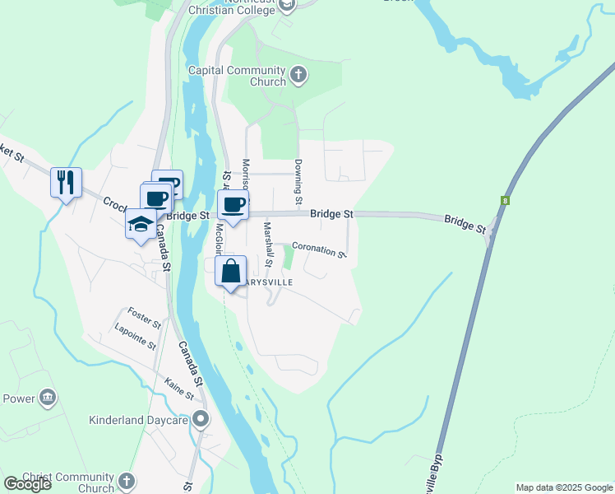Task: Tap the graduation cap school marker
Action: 141,223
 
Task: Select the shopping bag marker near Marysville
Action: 231,270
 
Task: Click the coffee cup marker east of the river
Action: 233,204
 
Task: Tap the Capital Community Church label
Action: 237,76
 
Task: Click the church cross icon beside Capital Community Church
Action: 298,76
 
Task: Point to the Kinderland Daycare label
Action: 139,420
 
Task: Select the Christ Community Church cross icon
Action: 126,481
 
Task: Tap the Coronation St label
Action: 319,249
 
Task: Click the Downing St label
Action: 298,183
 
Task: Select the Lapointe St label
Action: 135,340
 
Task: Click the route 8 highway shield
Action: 503,199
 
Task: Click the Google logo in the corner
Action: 27,484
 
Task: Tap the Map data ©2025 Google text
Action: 564,487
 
